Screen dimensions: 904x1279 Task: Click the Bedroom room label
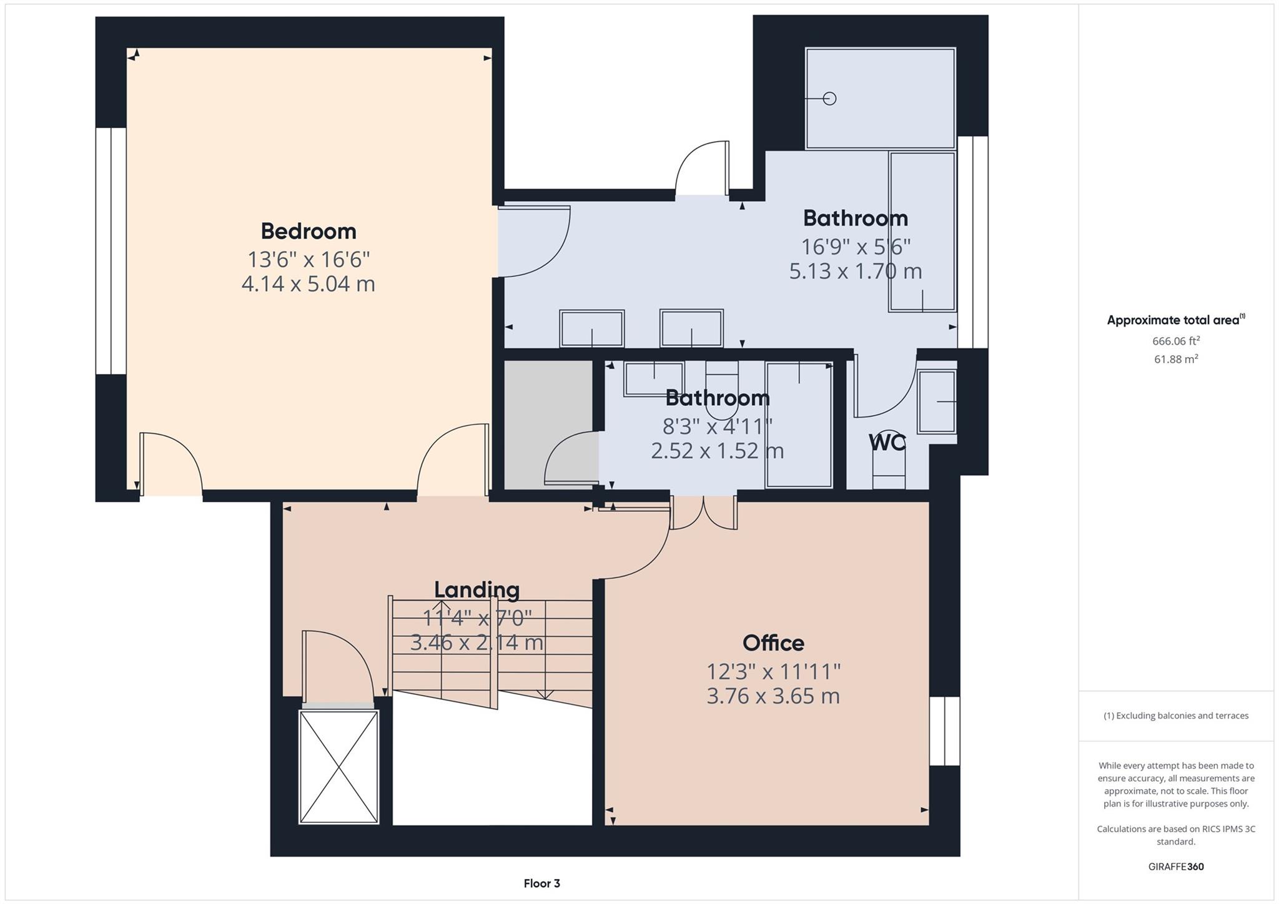(x=308, y=231)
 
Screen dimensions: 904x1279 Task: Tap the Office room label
(x=773, y=642)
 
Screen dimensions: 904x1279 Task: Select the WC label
(x=887, y=443)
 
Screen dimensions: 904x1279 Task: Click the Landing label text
(x=477, y=589)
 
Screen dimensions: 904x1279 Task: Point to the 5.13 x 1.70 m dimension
(x=856, y=271)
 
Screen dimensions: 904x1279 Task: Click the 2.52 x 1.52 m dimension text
(x=717, y=450)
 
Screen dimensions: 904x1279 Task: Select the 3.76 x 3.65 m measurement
(x=773, y=695)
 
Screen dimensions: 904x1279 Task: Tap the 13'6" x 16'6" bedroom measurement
(x=308, y=258)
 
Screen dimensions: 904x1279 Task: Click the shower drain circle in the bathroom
(x=829, y=99)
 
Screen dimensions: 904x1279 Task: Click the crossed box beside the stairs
(x=339, y=767)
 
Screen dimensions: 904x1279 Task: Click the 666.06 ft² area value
(x=1176, y=341)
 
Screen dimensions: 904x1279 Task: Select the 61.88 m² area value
(x=1176, y=359)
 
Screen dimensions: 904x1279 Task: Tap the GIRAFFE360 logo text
(x=1176, y=867)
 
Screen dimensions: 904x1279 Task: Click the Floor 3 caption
(x=541, y=883)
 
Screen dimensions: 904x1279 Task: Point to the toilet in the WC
(x=888, y=468)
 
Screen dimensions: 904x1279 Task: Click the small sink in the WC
(x=936, y=402)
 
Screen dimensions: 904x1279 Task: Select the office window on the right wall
(x=944, y=730)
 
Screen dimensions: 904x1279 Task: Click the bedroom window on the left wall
(x=111, y=251)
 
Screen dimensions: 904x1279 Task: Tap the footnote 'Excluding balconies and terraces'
(x=1176, y=715)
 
